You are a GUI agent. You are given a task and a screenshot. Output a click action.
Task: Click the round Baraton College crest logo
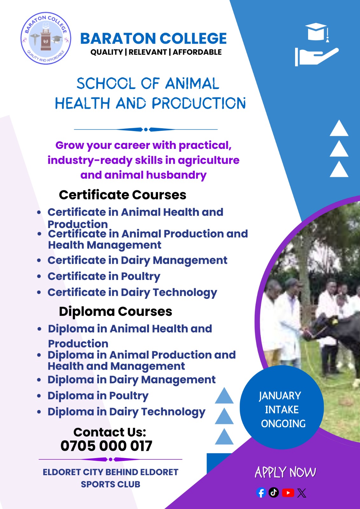click(x=46, y=38)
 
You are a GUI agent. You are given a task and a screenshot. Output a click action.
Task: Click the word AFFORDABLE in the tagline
click(x=197, y=52)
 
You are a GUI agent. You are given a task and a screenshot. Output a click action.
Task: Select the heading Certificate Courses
click(x=123, y=195)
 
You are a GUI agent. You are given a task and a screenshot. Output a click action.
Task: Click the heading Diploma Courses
click(x=115, y=311)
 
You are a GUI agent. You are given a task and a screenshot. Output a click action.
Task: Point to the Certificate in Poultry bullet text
click(x=104, y=276)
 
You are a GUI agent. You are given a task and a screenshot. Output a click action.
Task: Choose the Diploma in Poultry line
click(x=98, y=395)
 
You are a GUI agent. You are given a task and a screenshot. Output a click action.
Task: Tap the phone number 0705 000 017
click(x=106, y=446)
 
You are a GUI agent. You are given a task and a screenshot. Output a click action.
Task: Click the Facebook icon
click(x=261, y=493)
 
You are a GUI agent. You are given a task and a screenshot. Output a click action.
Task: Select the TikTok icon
click(x=274, y=492)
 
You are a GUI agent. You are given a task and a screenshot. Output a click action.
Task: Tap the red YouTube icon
click(x=288, y=493)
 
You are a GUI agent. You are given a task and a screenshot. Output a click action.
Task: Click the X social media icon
click(x=302, y=493)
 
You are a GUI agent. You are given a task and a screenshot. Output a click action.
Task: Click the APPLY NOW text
click(x=285, y=472)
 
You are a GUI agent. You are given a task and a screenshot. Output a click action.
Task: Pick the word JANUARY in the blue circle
click(x=280, y=396)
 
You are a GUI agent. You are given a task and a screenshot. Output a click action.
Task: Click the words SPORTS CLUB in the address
click(x=110, y=484)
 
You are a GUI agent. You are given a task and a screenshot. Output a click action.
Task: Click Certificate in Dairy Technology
click(x=132, y=292)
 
